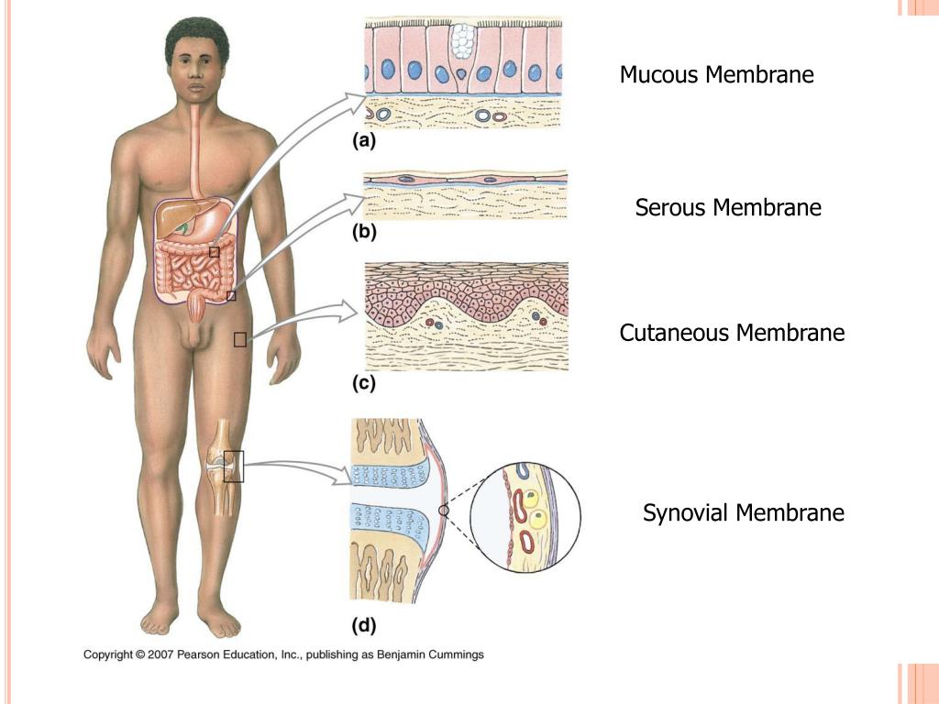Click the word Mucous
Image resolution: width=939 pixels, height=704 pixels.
click(658, 75)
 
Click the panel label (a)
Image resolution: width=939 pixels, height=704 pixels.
click(364, 142)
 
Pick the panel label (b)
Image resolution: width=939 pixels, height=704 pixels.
click(364, 233)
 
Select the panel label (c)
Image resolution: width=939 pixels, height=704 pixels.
click(364, 385)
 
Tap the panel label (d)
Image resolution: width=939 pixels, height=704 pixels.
click(364, 626)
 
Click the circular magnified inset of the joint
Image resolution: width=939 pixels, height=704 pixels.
click(525, 517)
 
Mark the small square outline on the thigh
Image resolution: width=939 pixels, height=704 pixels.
click(240, 340)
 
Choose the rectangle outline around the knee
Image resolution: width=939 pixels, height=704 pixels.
click(234, 467)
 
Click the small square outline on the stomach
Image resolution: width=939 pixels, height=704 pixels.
click(214, 252)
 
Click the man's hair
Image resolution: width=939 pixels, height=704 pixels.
click(196, 37)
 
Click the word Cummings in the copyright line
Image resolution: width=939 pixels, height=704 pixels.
click(454, 654)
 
